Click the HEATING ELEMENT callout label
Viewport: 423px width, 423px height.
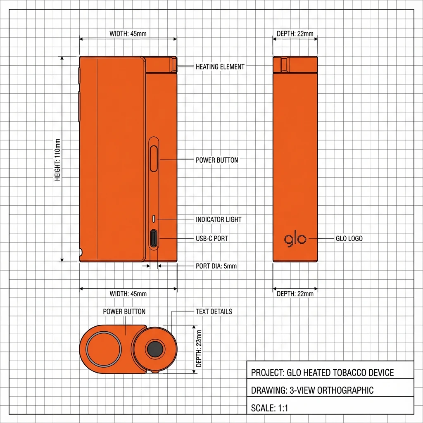[x=220, y=67]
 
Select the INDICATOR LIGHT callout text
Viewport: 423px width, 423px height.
[x=219, y=219]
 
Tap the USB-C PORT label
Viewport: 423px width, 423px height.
[x=211, y=238]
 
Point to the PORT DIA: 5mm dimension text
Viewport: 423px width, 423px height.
[x=216, y=266]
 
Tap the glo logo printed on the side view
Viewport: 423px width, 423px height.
[x=295, y=239]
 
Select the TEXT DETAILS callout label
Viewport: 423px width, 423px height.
[x=214, y=311]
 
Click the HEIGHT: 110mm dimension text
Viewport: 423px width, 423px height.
[x=57, y=159]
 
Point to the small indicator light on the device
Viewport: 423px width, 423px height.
[x=154, y=218]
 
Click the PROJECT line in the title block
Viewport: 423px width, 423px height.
[x=322, y=373]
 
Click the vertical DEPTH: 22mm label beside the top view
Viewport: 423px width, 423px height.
[x=199, y=349]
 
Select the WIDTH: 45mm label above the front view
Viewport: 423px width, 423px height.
[x=128, y=33]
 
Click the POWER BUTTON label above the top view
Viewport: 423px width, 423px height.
[x=124, y=311]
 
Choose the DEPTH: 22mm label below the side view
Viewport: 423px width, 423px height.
[x=295, y=294]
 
